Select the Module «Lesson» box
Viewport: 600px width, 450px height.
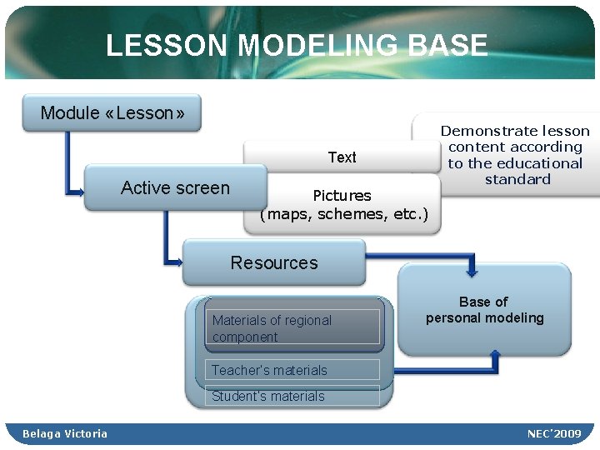(x=112, y=112)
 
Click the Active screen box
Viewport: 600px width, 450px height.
(x=175, y=188)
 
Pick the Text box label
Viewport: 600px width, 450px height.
(x=342, y=157)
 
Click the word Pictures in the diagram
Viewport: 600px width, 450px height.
(x=342, y=196)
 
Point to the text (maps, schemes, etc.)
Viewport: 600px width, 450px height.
(x=344, y=215)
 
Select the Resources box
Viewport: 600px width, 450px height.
(x=274, y=263)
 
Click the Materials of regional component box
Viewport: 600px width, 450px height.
(x=292, y=327)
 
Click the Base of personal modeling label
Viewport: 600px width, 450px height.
(x=484, y=310)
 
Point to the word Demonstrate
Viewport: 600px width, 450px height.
(x=483, y=131)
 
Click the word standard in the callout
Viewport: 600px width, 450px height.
(x=517, y=179)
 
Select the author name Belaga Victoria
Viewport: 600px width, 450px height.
(x=65, y=433)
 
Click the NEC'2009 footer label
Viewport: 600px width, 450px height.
(x=554, y=433)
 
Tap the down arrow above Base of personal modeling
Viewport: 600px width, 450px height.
(x=472, y=270)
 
